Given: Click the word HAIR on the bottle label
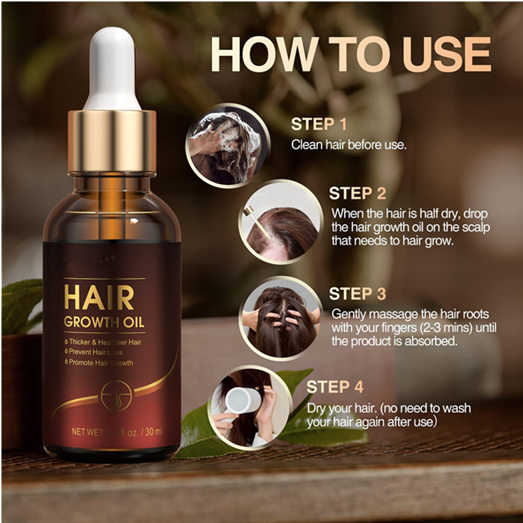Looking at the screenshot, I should coord(98,298).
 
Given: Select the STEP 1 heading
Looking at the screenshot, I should coord(319,125).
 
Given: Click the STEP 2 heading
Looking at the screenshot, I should coord(358,193).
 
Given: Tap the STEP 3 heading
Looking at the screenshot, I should coord(358,294).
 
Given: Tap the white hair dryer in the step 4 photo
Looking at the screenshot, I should coord(241,400).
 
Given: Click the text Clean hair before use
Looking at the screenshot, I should coord(349,145).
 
